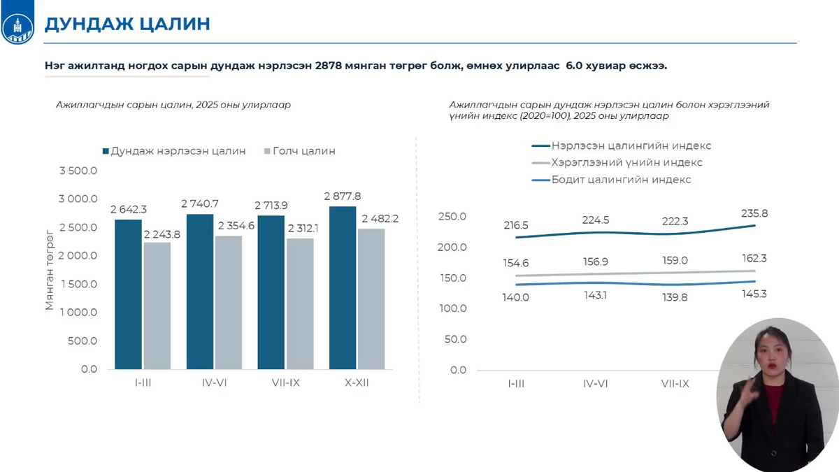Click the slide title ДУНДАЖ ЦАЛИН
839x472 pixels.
127,24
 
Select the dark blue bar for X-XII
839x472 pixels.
342,287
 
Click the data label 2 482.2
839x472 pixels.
380,219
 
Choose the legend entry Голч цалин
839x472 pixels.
303,151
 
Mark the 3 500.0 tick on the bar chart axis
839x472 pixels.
78,171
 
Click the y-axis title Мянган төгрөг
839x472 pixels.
50,269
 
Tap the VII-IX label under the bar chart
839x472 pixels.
286,383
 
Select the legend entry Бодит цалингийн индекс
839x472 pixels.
621,180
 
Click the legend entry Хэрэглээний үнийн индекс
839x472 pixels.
626,163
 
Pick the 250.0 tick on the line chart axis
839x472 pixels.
453,217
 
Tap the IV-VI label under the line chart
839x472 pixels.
596,384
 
